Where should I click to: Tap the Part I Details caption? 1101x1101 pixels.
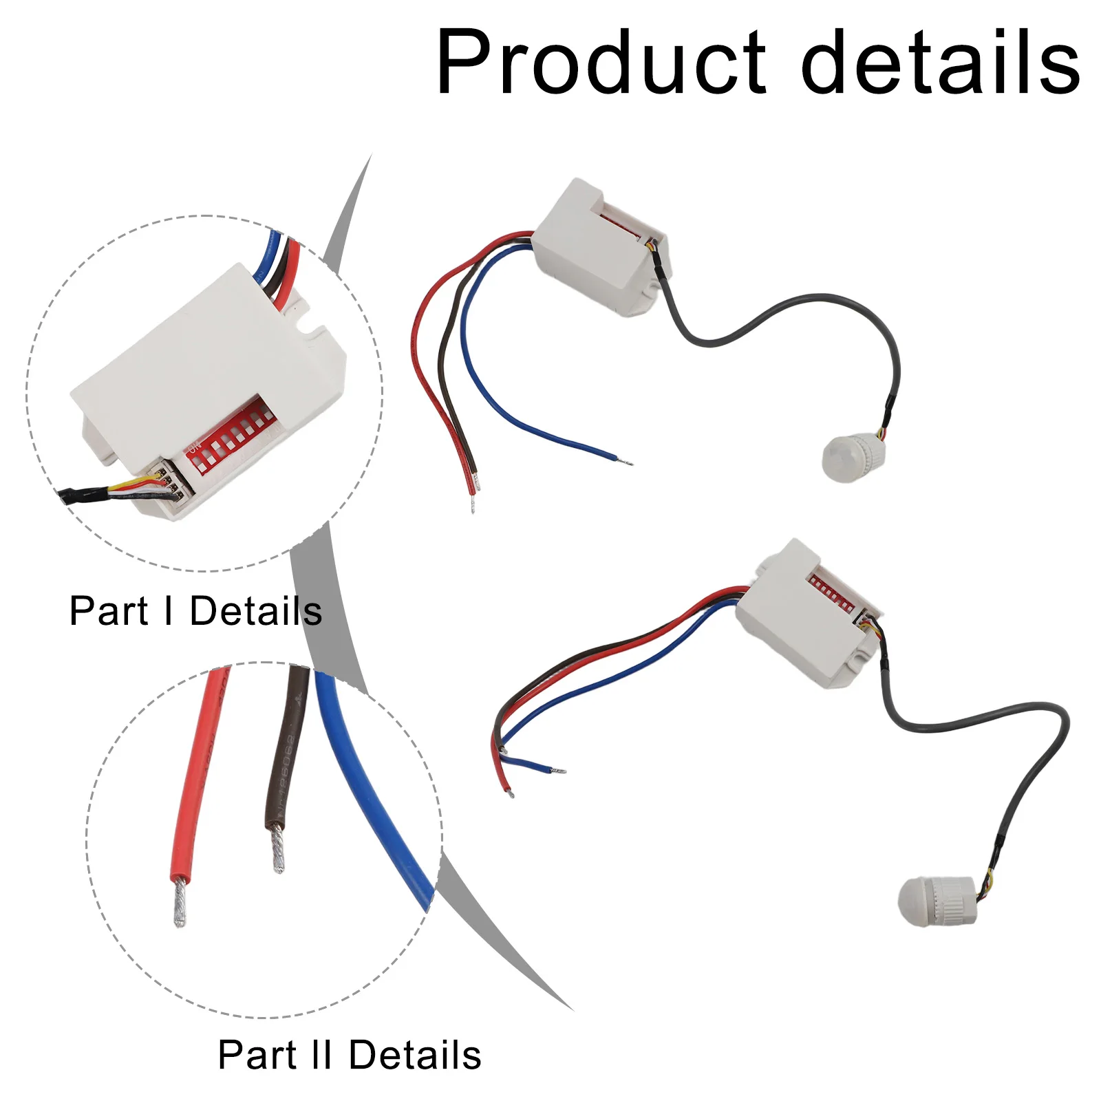point(195,611)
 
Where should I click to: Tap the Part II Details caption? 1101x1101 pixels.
point(350,1055)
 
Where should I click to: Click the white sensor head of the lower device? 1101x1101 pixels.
point(937,901)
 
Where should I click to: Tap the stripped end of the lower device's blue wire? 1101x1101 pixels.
point(558,770)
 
